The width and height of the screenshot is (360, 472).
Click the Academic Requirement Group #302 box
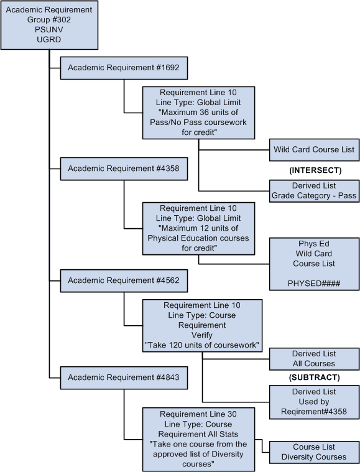coord(49,25)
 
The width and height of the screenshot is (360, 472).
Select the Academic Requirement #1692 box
coord(124,68)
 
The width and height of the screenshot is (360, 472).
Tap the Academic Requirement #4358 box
coord(124,169)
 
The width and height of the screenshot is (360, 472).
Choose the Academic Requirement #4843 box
coord(124,377)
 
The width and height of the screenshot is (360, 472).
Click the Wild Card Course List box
coord(314,150)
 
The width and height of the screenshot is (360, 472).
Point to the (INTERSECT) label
coord(314,170)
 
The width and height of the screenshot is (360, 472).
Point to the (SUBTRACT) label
coord(314,377)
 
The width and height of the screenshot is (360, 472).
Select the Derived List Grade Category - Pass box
coord(314,191)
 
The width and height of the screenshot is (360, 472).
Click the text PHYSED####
coord(314,283)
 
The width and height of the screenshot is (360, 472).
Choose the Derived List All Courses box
coord(314,358)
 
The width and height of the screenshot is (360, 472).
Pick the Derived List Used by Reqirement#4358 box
coord(314,401)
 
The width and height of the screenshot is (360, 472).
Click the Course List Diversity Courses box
coord(314,451)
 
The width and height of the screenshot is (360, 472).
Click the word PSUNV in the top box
coord(49,30)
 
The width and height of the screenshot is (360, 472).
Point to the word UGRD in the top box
coord(49,40)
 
